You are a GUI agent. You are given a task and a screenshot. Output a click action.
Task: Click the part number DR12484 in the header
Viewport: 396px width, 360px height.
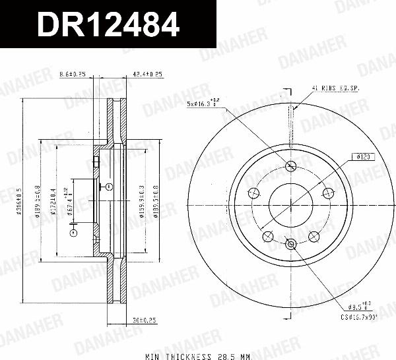tap(107, 24)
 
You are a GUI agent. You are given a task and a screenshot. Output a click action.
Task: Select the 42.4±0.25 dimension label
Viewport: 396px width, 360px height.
tap(148, 74)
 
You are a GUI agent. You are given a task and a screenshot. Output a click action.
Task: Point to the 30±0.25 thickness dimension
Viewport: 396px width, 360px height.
tap(145, 321)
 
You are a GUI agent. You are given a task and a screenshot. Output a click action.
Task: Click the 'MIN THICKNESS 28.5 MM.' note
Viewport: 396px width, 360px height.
tap(199, 356)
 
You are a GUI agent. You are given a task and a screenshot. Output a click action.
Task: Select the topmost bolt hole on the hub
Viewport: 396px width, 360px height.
tap(291, 165)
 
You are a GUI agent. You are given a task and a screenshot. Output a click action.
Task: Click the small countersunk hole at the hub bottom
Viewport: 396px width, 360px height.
tap(291, 245)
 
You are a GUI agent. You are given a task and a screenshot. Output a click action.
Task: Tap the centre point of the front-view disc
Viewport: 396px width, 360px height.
tap(291, 204)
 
